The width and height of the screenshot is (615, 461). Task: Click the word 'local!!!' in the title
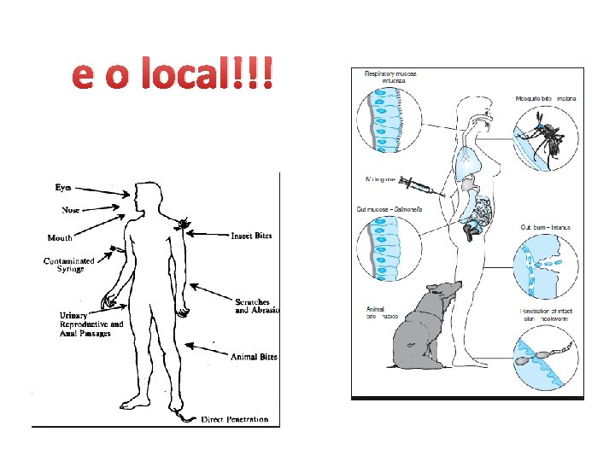click(x=210, y=76)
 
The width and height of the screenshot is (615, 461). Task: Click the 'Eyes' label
click(x=64, y=186)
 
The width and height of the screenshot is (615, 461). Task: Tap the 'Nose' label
click(x=72, y=209)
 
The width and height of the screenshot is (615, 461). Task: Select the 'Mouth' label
click(x=60, y=238)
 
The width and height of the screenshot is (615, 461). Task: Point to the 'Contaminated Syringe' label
click(x=69, y=265)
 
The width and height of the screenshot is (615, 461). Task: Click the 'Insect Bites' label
click(x=252, y=236)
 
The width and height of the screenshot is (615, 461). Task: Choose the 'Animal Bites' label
click(x=254, y=357)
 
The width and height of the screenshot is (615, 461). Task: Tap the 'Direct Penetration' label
click(x=235, y=419)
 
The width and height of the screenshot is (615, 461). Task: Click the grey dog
click(x=424, y=329)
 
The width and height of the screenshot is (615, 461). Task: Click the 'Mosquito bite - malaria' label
click(x=547, y=99)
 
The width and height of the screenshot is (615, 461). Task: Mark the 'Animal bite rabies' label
click(x=381, y=312)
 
